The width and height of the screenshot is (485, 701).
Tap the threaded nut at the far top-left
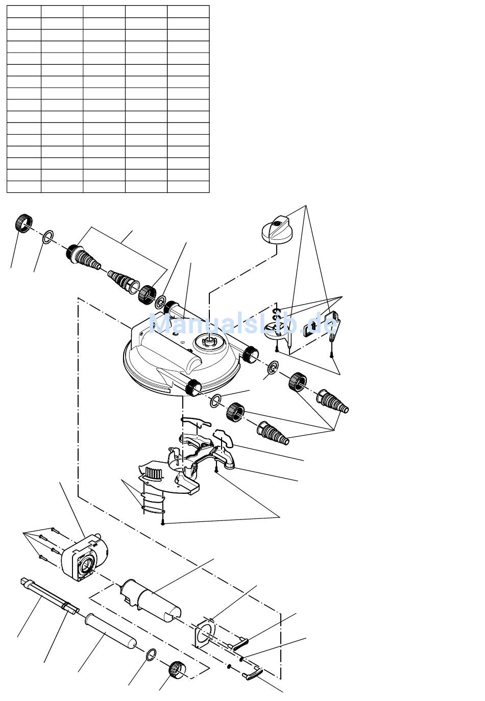(x=22, y=222)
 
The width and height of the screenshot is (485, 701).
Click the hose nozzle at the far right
(x=333, y=401)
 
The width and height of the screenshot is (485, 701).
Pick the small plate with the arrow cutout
(x=312, y=328)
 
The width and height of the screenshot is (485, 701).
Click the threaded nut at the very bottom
(x=177, y=669)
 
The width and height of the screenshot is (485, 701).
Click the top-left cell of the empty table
(x=23, y=11)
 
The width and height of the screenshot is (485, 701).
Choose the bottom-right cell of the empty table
(x=188, y=187)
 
